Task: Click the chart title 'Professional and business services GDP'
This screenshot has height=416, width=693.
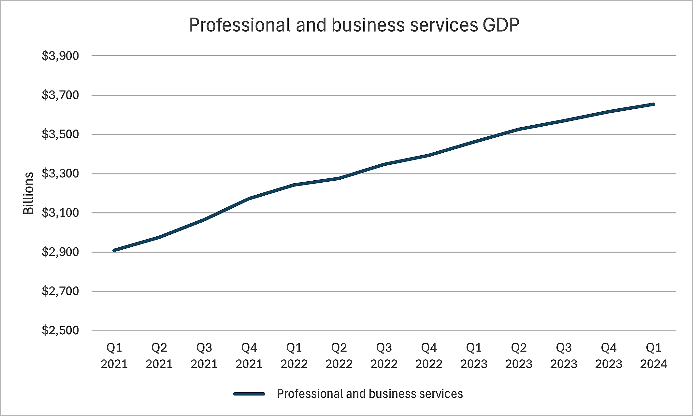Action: click(x=354, y=25)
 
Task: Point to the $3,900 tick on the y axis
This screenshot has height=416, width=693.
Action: click(x=60, y=56)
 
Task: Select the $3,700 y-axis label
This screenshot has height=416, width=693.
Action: click(x=60, y=95)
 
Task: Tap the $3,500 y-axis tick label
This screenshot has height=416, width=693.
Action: click(x=60, y=134)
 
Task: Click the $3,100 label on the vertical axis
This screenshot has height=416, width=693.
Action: click(x=60, y=213)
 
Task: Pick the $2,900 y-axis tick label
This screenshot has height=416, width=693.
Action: click(x=60, y=252)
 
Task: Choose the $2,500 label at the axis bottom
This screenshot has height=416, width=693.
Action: click(x=60, y=330)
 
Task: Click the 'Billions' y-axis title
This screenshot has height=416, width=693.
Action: click(x=29, y=193)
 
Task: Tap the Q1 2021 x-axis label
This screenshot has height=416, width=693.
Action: click(x=114, y=355)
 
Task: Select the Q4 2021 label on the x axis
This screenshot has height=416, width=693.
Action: click(x=249, y=355)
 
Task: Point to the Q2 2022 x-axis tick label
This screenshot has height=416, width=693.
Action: click(x=339, y=355)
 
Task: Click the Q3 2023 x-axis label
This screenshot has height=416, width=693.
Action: click(x=564, y=355)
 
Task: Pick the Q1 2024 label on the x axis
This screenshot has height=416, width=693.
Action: click(x=654, y=355)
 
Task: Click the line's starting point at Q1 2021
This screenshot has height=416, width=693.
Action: click(x=114, y=250)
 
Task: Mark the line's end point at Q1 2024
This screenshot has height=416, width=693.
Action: click(x=654, y=104)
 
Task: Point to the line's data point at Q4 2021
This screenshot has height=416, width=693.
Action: click(x=249, y=199)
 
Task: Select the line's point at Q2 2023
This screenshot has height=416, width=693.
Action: click(x=519, y=129)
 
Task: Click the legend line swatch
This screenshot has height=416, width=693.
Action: click(x=249, y=394)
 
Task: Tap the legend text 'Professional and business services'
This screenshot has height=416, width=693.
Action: click(x=370, y=394)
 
